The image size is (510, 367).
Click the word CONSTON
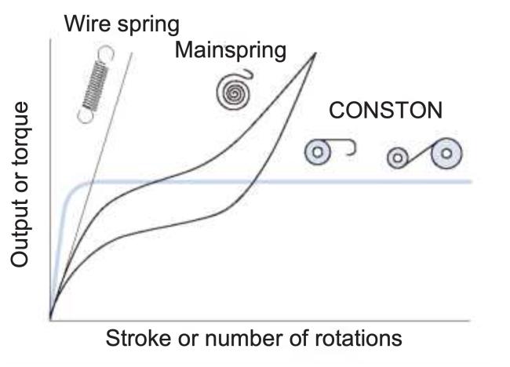click(x=385, y=111)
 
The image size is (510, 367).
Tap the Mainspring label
click(x=230, y=51)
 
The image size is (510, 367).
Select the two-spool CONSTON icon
click(x=424, y=154)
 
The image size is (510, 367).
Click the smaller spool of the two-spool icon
click(x=399, y=159)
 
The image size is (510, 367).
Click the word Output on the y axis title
click(x=21, y=227)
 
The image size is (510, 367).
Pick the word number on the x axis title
click(x=245, y=340)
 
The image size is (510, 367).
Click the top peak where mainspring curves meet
click(x=315, y=53)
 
